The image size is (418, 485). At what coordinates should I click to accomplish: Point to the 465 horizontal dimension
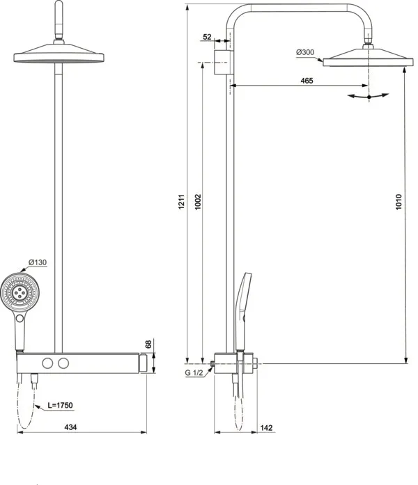[x=307, y=81]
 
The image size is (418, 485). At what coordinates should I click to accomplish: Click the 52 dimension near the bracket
[x=208, y=37]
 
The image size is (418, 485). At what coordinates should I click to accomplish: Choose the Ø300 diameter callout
[x=305, y=52]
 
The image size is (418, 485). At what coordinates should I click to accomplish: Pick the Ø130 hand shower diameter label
[x=37, y=262]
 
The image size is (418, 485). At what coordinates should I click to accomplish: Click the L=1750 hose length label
[x=60, y=405]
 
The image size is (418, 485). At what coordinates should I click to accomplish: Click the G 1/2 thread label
[x=194, y=374]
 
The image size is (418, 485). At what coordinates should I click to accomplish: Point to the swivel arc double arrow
[x=368, y=97]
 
